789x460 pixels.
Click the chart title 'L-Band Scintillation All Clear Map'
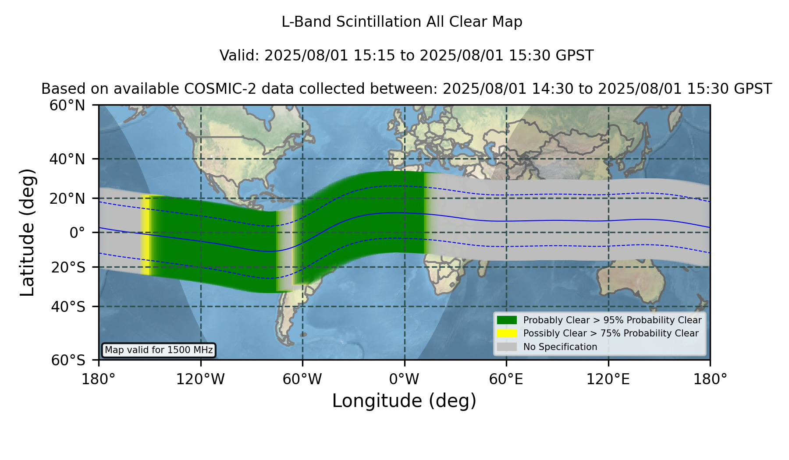point(402,22)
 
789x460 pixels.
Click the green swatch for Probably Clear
point(507,320)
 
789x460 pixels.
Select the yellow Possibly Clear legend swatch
point(507,333)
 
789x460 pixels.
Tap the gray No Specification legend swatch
point(507,347)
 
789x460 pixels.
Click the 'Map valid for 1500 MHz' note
point(159,350)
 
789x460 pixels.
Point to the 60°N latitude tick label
point(67,106)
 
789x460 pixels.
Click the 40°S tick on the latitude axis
point(68,307)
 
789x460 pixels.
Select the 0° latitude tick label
point(77,233)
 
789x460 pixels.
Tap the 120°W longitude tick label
point(200,379)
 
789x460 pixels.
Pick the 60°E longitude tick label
point(506,379)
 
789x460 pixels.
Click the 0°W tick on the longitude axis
point(405,379)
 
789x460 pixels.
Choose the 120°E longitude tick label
point(608,379)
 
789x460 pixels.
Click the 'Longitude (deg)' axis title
point(404,401)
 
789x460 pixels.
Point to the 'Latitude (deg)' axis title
point(27,232)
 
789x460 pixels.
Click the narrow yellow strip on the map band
point(146,234)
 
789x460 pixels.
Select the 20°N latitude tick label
point(67,198)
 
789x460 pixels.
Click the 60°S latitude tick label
point(68,360)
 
